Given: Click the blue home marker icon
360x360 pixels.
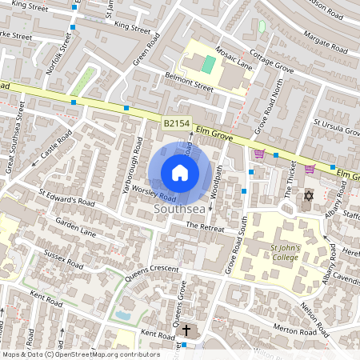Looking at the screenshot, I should (x=180, y=173).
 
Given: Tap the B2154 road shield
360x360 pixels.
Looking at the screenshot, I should (x=178, y=124).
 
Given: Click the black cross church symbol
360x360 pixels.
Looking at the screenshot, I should (x=186, y=329).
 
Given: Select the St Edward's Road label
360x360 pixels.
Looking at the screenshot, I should (x=67, y=198).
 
